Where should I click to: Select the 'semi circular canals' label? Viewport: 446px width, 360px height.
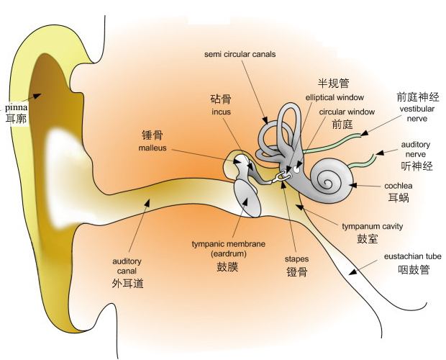tap(240, 54)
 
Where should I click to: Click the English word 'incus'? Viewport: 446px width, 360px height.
tap(222, 112)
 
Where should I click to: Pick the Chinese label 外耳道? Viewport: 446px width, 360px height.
tap(127, 283)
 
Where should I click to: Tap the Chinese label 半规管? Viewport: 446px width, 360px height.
tap(334, 83)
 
